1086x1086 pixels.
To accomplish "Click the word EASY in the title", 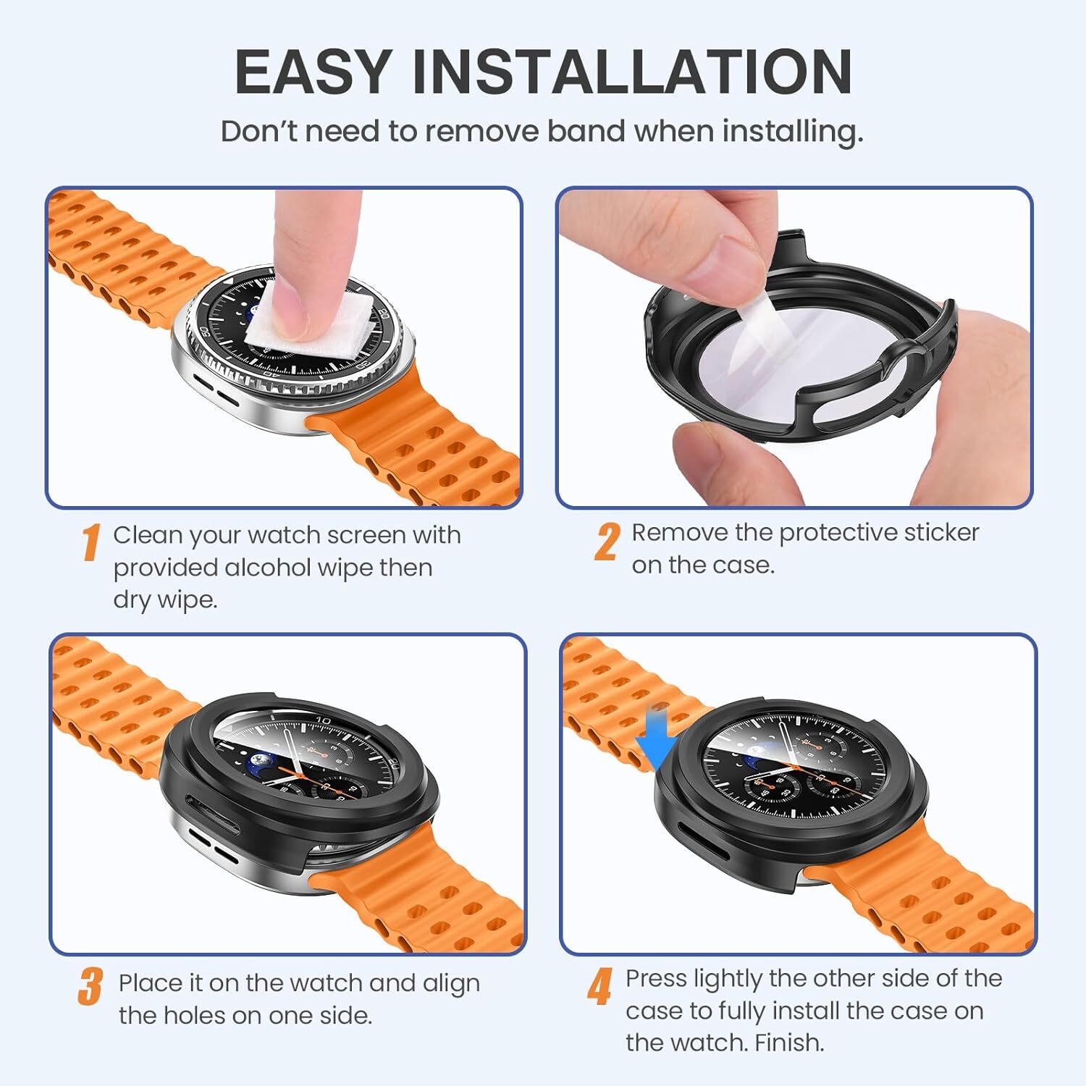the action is (x=313, y=72).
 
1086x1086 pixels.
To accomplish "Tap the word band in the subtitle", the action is (x=586, y=131).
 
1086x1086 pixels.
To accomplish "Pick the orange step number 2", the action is (x=607, y=542).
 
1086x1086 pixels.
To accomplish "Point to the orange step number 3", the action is (x=90, y=987).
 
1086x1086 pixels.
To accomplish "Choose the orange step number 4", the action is (x=599, y=987).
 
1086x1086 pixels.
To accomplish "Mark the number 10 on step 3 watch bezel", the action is (x=323, y=720).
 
